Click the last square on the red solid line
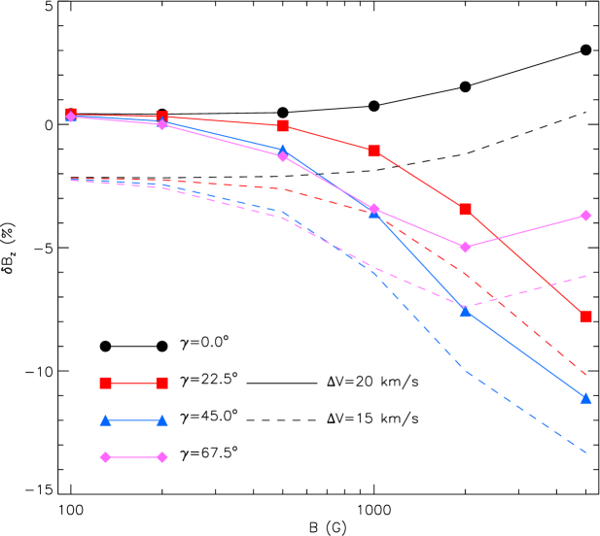(x=585, y=316)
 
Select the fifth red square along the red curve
(x=465, y=209)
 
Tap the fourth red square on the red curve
(x=373, y=151)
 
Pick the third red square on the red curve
(x=282, y=125)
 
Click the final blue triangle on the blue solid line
(x=585, y=397)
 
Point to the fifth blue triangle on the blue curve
(x=465, y=311)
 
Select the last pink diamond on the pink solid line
(x=585, y=216)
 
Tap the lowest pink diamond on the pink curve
(x=465, y=247)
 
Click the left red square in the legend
(x=105, y=383)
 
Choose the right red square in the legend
(x=161, y=383)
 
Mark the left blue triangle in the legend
(x=105, y=420)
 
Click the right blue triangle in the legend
(x=161, y=420)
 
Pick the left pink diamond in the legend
(x=105, y=456)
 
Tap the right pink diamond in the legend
(x=161, y=456)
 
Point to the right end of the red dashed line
(x=586, y=375)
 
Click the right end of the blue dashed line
(x=586, y=452)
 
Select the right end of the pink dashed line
(x=586, y=276)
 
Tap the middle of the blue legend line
(x=133, y=420)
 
